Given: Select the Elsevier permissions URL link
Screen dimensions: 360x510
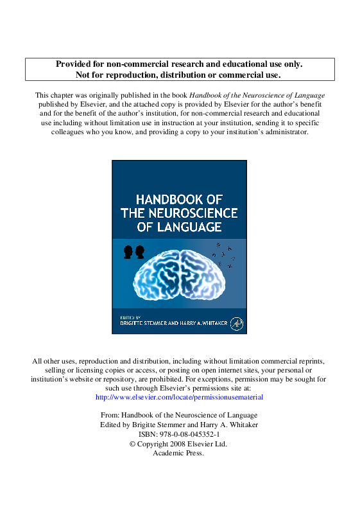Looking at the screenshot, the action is click(179, 398).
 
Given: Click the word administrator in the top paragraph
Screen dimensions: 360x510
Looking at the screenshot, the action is click(282, 132).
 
